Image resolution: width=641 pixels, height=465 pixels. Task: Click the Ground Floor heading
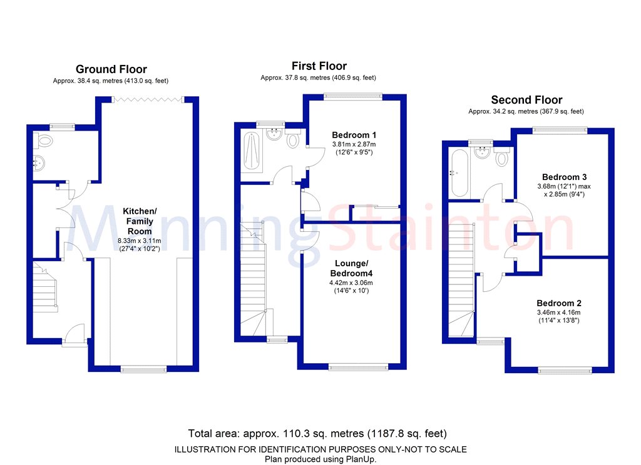click(x=111, y=69)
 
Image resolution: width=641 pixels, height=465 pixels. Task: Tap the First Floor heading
click(x=319, y=66)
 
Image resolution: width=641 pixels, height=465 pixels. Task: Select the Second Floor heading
click(x=526, y=100)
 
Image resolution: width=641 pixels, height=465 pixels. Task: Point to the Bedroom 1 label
click(x=354, y=135)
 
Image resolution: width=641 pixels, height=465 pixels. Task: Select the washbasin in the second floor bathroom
click(x=482, y=152)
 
